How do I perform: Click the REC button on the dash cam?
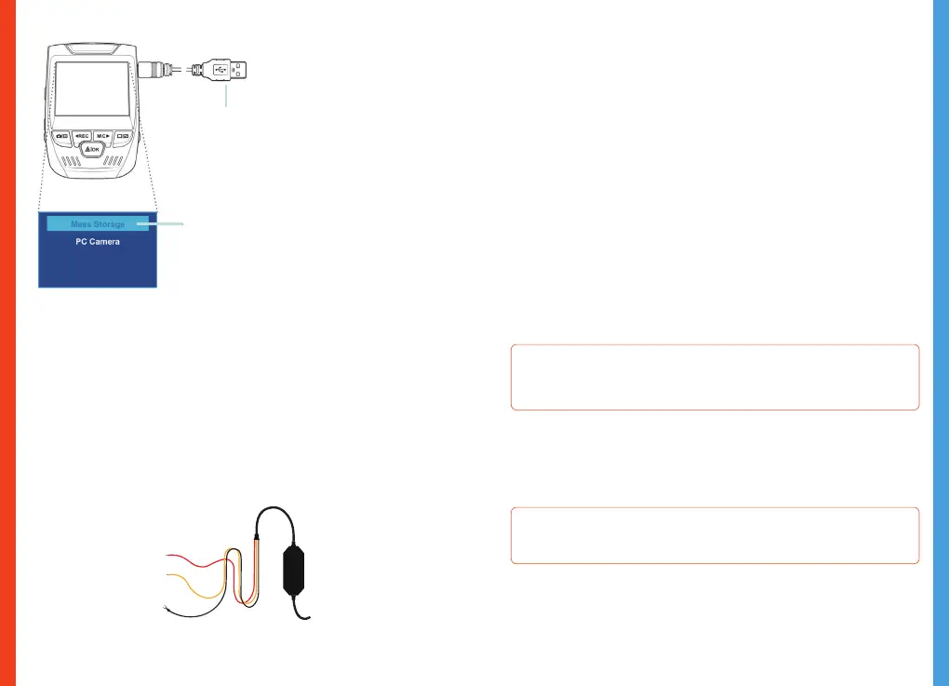(82, 136)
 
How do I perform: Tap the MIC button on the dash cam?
(104, 136)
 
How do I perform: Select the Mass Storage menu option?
(98, 224)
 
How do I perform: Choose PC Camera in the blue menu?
(98, 242)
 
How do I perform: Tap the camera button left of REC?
(60, 136)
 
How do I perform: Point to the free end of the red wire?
(167, 556)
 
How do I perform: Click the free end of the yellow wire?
(167, 577)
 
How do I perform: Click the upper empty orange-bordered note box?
(715, 377)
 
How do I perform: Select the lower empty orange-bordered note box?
(715, 535)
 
